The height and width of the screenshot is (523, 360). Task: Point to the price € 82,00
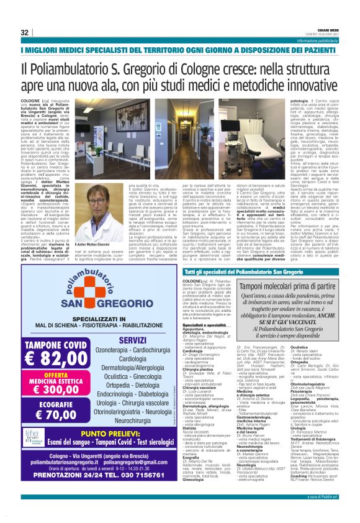click(50, 358)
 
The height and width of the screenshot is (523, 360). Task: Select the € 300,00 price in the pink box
click(49, 389)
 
